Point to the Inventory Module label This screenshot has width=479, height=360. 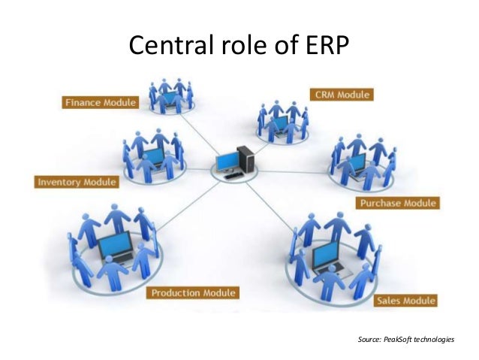[x=77, y=182]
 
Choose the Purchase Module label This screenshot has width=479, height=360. [x=398, y=203]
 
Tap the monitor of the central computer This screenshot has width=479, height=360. [x=227, y=162]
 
